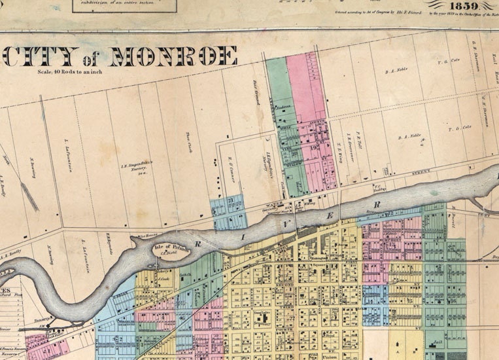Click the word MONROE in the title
pyautogui.click(x=173, y=56)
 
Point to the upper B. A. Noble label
pyautogui.click(x=396, y=71)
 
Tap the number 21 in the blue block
pyautogui.click(x=230, y=200)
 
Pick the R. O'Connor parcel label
pyautogui.click(x=232, y=169)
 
